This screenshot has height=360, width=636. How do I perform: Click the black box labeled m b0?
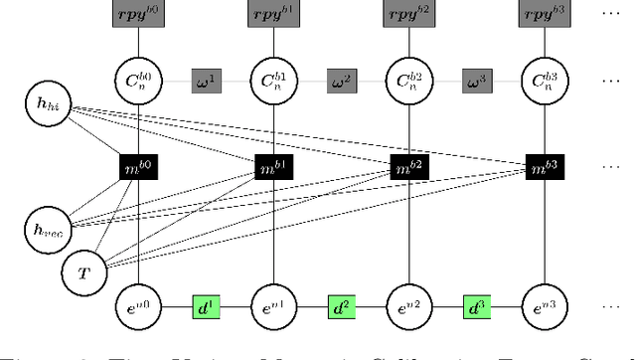138,166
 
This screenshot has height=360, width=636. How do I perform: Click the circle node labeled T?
81,270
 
